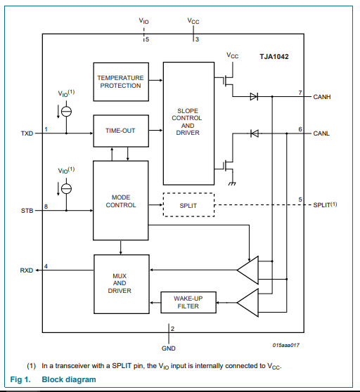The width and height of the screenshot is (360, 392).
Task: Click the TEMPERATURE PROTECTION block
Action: (x=121, y=81)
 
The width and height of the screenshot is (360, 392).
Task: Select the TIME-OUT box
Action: (x=121, y=131)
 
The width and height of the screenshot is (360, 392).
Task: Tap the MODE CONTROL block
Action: (x=120, y=200)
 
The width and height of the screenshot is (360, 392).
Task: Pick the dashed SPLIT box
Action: (x=188, y=204)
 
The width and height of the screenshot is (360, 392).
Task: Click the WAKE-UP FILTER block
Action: (x=188, y=302)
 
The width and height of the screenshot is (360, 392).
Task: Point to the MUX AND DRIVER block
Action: (x=122, y=284)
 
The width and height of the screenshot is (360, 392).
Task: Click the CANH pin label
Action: (x=322, y=97)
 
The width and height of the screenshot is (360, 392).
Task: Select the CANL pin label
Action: (x=321, y=133)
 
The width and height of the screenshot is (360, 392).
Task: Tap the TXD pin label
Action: (x=27, y=133)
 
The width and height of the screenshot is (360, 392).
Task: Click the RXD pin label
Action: (x=27, y=270)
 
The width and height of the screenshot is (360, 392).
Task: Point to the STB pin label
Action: (x=27, y=211)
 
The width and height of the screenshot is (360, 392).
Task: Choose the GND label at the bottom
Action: (x=169, y=348)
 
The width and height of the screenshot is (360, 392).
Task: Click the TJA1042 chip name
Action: (x=274, y=57)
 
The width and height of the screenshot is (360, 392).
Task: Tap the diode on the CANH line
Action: (x=254, y=96)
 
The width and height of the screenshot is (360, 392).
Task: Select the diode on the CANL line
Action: (x=254, y=133)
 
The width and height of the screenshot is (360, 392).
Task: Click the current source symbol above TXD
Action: (x=66, y=112)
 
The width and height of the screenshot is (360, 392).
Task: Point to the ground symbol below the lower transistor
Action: (x=232, y=184)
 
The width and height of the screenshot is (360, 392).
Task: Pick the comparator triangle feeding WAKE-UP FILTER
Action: (x=247, y=303)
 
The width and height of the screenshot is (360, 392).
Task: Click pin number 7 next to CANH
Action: (x=300, y=93)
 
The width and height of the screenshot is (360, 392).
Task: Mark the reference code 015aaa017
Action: (x=286, y=345)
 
